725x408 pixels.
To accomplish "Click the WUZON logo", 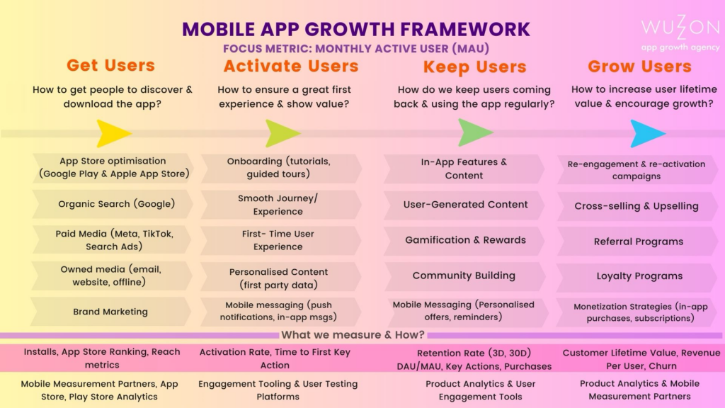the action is pyautogui.click(x=680, y=33).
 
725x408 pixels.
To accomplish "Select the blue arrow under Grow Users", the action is pyautogui.click(x=648, y=133).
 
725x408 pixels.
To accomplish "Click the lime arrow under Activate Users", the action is pyautogui.click(x=282, y=133).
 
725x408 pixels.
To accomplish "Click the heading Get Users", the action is pyautogui.click(x=110, y=65).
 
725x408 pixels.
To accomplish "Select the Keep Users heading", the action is pyautogui.click(x=474, y=67).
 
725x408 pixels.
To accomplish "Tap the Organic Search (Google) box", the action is pyautogui.click(x=113, y=204).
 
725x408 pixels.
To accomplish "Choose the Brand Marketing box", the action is pyautogui.click(x=111, y=312).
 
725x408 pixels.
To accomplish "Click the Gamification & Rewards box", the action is pyautogui.click(x=464, y=241).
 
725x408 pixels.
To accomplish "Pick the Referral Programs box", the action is pyautogui.click(x=638, y=242).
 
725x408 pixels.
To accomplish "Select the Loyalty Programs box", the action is pyautogui.click(x=638, y=277).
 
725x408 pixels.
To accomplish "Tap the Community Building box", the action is pyautogui.click(x=464, y=276).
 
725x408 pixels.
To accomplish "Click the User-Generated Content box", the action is pyautogui.click(x=464, y=205).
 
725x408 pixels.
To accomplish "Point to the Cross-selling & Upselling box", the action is pyautogui.click(x=638, y=206).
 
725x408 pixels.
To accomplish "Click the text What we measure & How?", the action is pyautogui.click(x=353, y=334).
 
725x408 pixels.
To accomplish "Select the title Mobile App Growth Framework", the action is pyautogui.click(x=356, y=29).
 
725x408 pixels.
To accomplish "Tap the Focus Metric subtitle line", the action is pyautogui.click(x=356, y=49).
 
